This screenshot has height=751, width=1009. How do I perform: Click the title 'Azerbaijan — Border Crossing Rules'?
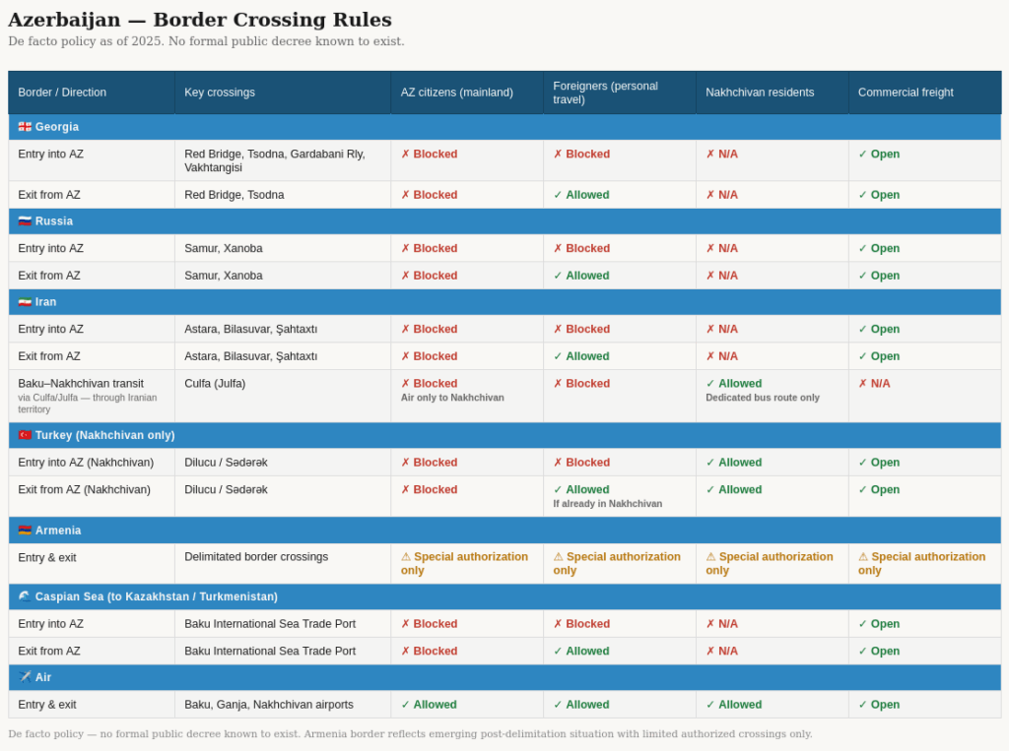[x=199, y=20]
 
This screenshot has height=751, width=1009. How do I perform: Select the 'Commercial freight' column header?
[x=906, y=93]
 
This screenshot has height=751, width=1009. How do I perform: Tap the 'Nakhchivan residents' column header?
[x=760, y=93]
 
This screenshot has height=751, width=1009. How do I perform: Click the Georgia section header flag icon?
[x=25, y=127]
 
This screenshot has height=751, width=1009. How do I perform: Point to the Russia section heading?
[x=53, y=221]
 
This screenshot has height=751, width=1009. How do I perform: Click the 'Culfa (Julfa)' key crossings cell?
[x=215, y=384]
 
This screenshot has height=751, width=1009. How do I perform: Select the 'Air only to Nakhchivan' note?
[x=452, y=398]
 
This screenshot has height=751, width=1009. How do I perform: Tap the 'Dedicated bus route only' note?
[x=763, y=398]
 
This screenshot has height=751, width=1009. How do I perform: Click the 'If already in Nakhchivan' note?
[x=607, y=504]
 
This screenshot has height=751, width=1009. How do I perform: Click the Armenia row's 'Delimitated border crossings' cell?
[x=256, y=557]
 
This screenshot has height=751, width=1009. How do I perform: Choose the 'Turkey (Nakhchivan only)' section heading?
[x=104, y=435]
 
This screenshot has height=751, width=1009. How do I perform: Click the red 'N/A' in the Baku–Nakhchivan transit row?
[x=874, y=384]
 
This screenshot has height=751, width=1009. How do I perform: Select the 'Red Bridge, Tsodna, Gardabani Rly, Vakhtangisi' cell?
[x=274, y=160]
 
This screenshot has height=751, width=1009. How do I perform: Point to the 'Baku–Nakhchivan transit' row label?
[x=81, y=384]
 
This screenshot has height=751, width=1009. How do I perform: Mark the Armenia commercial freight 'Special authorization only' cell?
[x=921, y=563]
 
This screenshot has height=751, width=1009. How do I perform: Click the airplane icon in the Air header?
[x=25, y=677]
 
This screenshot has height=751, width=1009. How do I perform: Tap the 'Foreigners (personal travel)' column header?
[x=605, y=93]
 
